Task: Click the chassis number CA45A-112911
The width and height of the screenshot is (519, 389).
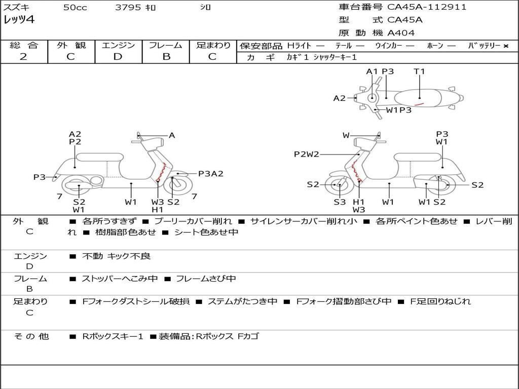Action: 427,7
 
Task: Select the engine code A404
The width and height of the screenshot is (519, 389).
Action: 401,33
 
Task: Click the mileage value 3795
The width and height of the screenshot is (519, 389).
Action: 128,8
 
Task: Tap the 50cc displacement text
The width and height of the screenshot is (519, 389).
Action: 75,8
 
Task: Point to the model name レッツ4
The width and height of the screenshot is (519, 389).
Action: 19,20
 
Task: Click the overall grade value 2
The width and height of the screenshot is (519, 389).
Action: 23,57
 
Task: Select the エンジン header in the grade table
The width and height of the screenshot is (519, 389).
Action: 118,46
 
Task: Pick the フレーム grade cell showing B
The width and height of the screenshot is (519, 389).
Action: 166,57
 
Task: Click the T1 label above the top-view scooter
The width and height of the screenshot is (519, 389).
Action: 419,71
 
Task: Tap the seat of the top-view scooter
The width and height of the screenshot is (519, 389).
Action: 420,97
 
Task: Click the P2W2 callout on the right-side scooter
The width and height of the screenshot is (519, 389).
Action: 307,154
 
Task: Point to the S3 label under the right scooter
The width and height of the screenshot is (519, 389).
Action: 340,202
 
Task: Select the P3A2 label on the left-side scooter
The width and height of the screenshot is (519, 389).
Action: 210,174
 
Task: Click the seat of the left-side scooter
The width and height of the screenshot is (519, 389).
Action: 98,157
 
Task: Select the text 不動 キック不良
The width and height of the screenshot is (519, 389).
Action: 117,256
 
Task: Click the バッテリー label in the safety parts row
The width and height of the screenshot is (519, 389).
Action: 484,46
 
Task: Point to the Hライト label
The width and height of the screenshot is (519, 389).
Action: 299,46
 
